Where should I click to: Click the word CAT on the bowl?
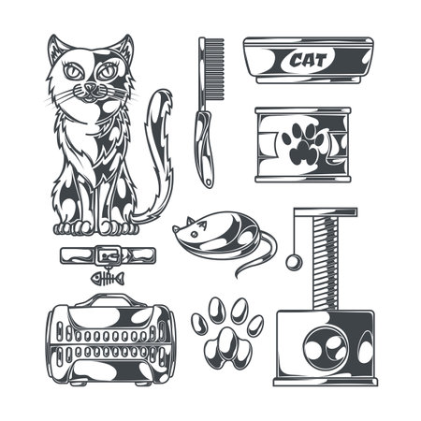coord(308,61)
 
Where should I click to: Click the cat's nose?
coord(91,88)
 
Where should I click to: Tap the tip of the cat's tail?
coord(166,94)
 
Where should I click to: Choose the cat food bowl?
coord(308,61)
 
